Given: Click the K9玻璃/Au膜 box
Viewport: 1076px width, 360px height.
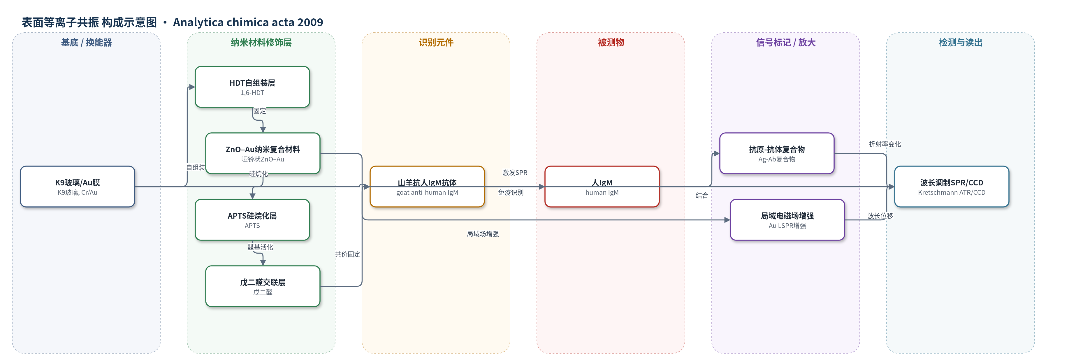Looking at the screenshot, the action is pyautogui.click(x=77, y=187).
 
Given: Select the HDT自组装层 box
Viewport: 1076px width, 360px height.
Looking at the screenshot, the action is pyautogui.click(x=252, y=87).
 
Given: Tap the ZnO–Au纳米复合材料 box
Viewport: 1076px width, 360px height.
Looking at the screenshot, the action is pyautogui.click(x=263, y=153).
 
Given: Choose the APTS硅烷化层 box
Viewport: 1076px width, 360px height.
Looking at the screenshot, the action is pyautogui.click(x=252, y=220).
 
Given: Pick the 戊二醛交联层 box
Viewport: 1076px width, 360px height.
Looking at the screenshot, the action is pyautogui.click(x=263, y=286).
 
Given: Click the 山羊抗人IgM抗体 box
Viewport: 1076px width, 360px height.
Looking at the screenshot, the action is pyautogui.click(x=427, y=187).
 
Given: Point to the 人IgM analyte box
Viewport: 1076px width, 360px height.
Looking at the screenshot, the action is pyautogui.click(x=602, y=187).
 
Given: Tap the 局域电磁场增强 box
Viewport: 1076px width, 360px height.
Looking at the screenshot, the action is pyautogui.click(x=787, y=220).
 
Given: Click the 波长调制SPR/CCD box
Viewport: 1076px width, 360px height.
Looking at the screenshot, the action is pyautogui.click(x=952, y=187).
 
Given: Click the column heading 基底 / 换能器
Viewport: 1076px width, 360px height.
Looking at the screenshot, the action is pyautogui.click(x=87, y=43).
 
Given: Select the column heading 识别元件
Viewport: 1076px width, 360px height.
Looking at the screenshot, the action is pyautogui.click(x=436, y=43).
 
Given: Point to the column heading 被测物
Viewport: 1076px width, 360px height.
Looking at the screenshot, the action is pyautogui.click(x=611, y=43).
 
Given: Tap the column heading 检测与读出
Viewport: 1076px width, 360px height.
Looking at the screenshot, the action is pyautogui.click(x=961, y=43).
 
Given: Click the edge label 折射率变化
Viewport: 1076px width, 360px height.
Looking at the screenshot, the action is pyautogui.click(x=885, y=144).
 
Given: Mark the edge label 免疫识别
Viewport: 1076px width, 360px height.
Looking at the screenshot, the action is pyautogui.click(x=510, y=192).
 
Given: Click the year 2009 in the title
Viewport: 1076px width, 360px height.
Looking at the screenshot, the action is pyautogui.click(x=310, y=22).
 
